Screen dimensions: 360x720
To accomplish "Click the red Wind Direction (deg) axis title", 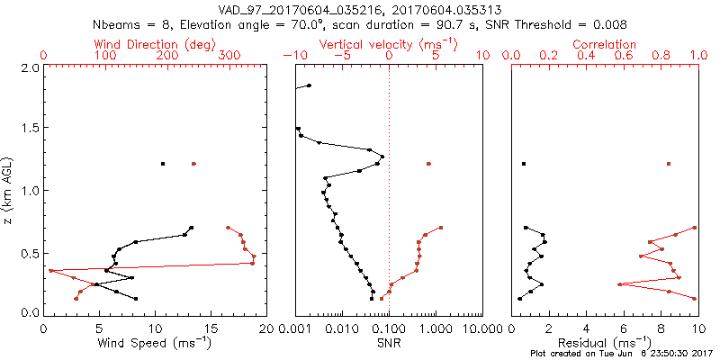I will pos(155,44).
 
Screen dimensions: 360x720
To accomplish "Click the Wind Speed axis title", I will pos(155,343).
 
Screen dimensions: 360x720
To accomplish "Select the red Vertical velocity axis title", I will pos(389,44).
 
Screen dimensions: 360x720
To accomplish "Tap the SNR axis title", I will pos(389,343).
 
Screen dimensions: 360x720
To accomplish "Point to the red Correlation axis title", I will pos(605,44).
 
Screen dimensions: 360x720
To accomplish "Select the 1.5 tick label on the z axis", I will pos(29,129).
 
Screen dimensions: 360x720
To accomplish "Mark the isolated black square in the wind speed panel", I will pos(163,164).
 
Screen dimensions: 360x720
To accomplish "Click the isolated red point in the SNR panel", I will pos(428,164).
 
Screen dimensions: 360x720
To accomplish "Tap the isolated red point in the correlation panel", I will pos(669,164).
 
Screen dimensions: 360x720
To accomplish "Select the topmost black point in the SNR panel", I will pos(309,85).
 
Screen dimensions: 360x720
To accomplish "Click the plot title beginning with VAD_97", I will pos(360,8).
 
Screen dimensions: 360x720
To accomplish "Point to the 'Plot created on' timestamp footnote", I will pos(622,355).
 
